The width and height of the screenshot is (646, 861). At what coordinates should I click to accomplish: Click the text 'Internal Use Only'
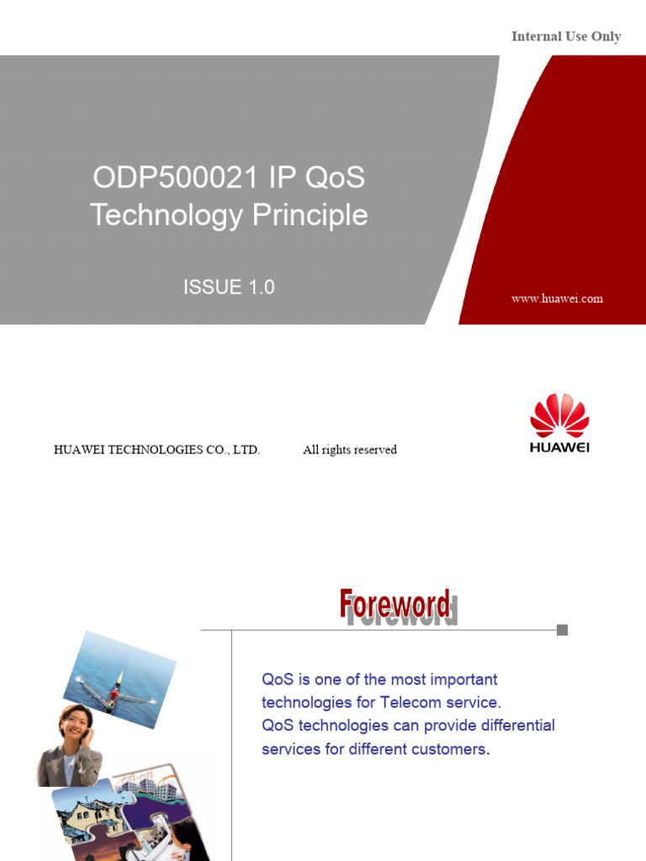[566, 37]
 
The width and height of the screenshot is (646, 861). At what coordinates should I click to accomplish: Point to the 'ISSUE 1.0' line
[229, 288]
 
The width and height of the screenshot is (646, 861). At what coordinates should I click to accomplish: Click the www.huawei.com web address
[557, 298]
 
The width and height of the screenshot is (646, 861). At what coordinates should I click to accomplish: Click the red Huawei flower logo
[559, 415]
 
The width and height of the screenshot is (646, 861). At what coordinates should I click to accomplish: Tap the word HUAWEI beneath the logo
[559, 447]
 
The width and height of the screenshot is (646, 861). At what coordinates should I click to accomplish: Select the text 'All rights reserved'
[350, 450]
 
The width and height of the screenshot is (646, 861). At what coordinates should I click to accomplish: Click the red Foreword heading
[394, 604]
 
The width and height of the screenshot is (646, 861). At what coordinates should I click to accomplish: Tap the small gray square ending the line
[562, 630]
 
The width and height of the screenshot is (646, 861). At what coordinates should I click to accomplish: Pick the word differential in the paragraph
[511, 725]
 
